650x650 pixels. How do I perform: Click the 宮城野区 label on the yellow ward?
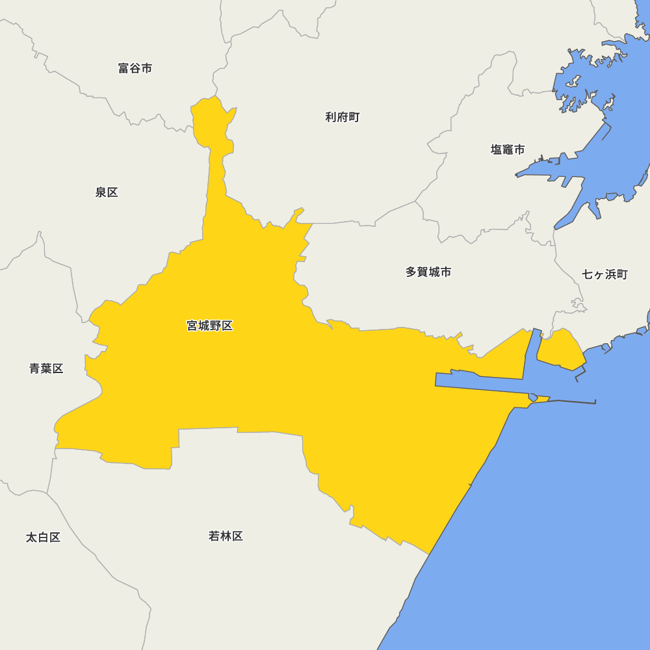coord(209,326)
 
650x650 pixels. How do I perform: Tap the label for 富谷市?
coord(135,68)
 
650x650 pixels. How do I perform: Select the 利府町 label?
coord(342,117)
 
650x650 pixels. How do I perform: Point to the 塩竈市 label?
coord(508,149)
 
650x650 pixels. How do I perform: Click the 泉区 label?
coord(107,192)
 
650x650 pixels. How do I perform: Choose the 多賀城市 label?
coord(428,272)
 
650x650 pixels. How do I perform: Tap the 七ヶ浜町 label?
coord(604,274)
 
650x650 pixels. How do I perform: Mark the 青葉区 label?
coord(46,369)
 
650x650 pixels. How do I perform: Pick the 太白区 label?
coord(43,538)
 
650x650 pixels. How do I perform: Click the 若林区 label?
coord(226,536)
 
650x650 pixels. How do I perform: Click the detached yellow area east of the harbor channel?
coord(561,351)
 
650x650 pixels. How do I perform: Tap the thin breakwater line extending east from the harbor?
coord(572,401)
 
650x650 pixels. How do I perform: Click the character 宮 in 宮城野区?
coord(192,326)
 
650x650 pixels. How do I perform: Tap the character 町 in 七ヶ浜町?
coord(622,274)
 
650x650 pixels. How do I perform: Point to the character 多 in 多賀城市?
coord(411,272)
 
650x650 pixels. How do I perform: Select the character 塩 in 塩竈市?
coord(497,149)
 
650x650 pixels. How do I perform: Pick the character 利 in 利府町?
coord(331,117)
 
